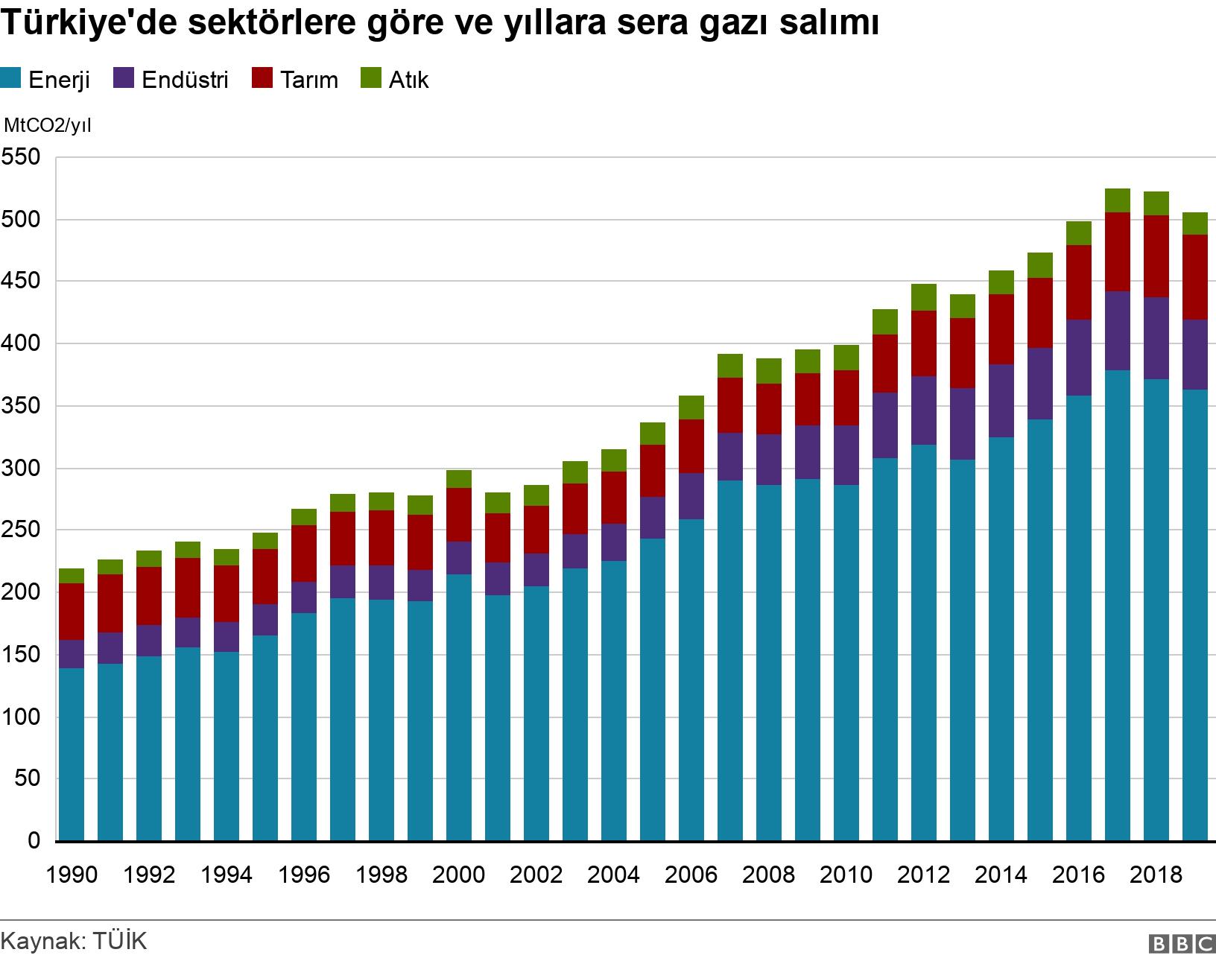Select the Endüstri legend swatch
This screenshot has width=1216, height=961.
click(123, 78)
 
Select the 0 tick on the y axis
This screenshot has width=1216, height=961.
click(33, 841)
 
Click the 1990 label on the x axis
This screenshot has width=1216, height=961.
click(72, 874)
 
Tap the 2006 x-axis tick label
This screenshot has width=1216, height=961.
click(691, 874)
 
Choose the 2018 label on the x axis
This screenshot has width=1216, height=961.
click(1156, 874)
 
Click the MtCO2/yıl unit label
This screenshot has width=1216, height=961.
click(48, 125)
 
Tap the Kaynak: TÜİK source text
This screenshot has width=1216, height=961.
click(74, 940)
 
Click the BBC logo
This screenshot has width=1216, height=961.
click(1182, 944)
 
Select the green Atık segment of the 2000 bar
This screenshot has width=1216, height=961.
click(459, 479)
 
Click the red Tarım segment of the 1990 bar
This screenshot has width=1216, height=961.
click(72, 612)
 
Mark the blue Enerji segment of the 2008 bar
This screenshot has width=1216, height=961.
click(769, 663)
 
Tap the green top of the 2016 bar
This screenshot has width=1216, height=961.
click(1079, 233)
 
